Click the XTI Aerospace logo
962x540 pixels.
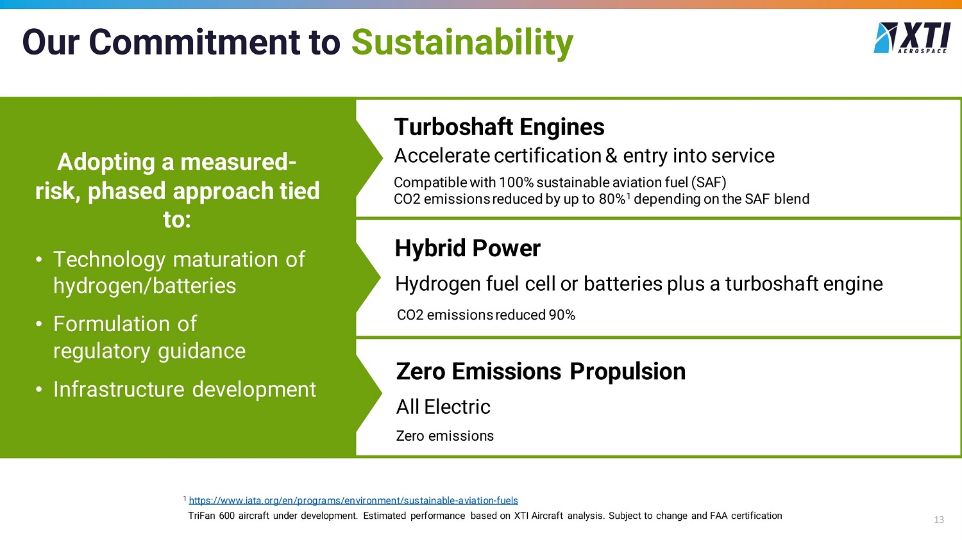(x=911, y=38)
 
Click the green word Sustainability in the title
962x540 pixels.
(x=462, y=43)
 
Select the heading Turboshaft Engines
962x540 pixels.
(x=499, y=127)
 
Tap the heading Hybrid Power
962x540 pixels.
(x=468, y=248)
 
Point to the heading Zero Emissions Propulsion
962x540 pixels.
(x=541, y=371)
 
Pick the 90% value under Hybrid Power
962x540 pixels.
(x=562, y=315)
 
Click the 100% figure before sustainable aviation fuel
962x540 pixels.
(x=516, y=183)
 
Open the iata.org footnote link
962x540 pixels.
(x=353, y=500)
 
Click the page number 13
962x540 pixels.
(x=939, y=520)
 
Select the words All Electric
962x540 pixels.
(x=443, y=407)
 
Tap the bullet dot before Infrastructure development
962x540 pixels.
(x=39, y=390)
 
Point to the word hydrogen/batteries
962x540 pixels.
(x=144, y=286)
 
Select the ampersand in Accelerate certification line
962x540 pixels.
(x=611, y=155)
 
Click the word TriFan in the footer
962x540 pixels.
(x=201, y=516)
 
